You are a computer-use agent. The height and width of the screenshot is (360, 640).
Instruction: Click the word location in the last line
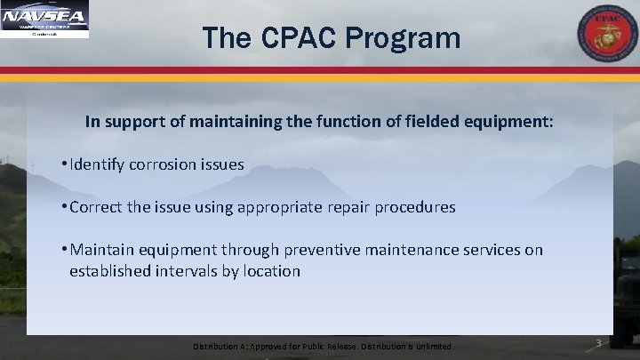point(273,270)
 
